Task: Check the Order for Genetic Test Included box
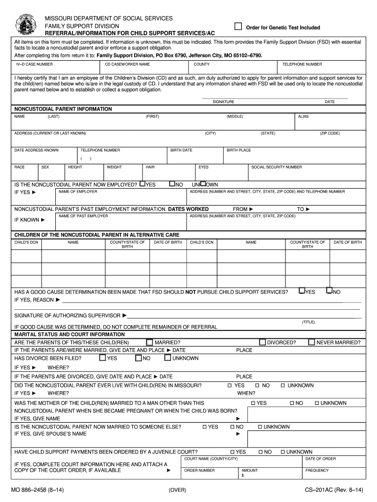(238, 26)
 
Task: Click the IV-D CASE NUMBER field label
(35, 64)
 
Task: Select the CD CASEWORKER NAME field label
(127, 64)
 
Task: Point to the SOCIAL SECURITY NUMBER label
(277, 167)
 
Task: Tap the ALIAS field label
(303, 117)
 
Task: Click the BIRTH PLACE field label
(239, 150)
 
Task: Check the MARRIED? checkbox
(149, 342)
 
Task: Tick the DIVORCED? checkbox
(262, 342)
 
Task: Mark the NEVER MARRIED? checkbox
(311, 342)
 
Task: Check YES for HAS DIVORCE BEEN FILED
(102, 358)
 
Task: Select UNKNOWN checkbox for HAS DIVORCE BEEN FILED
(167, 358)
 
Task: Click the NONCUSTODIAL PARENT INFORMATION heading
(63, 109)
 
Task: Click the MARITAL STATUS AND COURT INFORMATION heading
(69, 334)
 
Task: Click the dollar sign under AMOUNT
(243, 475)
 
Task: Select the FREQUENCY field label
(317, 470)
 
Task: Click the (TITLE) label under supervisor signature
(308, 322)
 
